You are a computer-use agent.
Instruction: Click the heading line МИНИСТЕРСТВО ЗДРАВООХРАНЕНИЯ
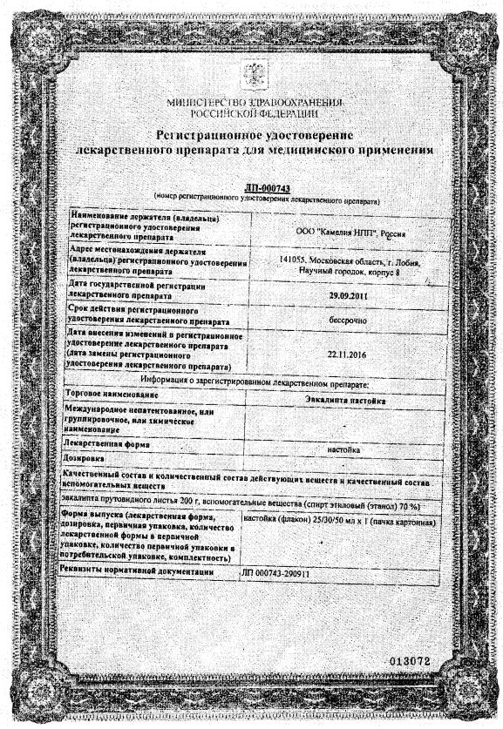[252, 104]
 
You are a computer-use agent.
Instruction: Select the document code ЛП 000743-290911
[277, 574]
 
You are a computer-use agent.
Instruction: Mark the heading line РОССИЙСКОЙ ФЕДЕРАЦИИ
[252, 114]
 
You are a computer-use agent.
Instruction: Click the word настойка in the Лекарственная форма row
[342, 449]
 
